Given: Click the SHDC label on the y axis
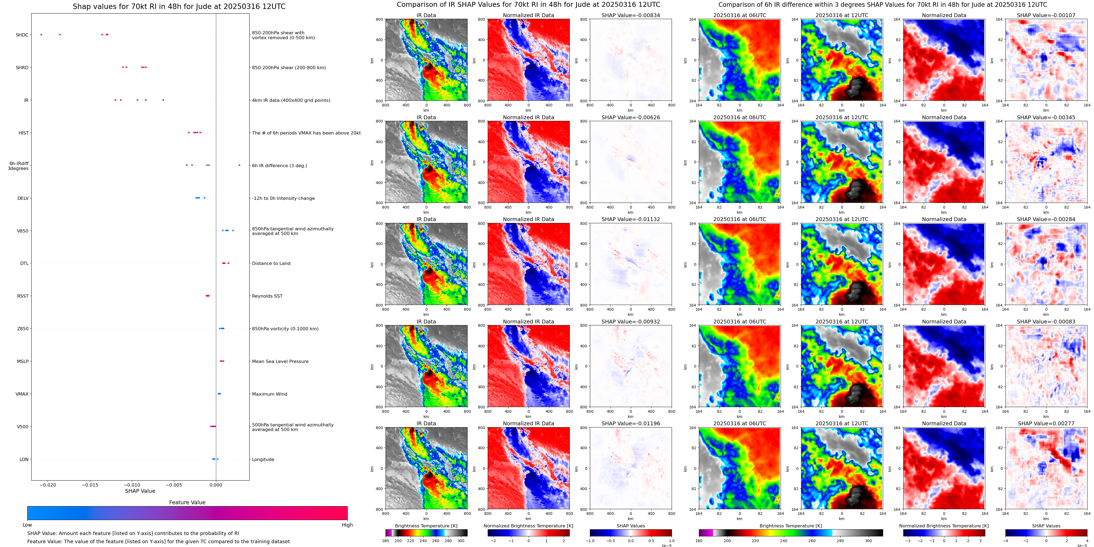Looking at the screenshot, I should (22, 35).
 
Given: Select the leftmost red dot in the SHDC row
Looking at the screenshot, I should (41, 34).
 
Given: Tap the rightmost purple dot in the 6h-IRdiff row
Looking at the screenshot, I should (239, 165).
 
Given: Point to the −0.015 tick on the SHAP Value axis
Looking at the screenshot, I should (90, 485).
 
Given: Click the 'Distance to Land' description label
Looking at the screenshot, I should (271, 264).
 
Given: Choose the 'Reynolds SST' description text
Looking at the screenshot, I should (267, 296).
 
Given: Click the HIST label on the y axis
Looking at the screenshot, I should (23, 133).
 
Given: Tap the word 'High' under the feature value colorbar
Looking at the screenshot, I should (347, 525).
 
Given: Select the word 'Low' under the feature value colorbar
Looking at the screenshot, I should (27, 525).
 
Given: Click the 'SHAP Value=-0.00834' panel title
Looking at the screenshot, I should (630, 15).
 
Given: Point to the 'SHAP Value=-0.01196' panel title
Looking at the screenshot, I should (630, 423).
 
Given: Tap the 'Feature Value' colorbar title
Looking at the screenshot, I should (187, 502).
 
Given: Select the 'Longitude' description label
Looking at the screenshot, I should (263, 460).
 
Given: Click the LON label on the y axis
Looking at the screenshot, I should (24, 460).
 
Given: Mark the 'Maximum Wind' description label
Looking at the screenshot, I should (269, 394).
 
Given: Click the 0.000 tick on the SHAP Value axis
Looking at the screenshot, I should (216, 485).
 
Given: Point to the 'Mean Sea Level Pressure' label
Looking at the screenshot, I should (280, 362).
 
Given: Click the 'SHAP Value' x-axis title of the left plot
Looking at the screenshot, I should (140, 491).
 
